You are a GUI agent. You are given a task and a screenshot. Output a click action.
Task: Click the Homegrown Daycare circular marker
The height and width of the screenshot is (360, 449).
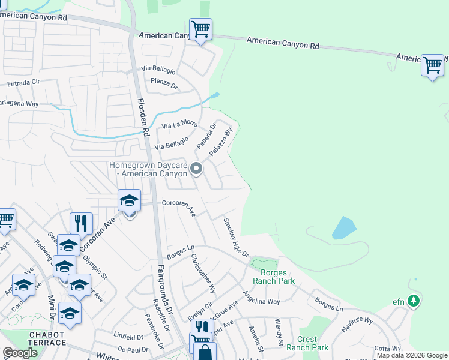[x=196, y=170]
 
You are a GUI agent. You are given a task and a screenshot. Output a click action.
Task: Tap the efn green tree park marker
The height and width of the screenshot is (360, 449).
[x=414, y=301]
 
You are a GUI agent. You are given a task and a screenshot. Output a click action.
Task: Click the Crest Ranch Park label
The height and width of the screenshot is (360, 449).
[x=307, y=343]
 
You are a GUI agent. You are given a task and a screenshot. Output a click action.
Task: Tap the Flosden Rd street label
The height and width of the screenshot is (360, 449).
[x=142, y=118]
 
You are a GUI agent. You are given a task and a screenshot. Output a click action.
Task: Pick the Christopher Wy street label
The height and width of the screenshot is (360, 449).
[x=203, y=274]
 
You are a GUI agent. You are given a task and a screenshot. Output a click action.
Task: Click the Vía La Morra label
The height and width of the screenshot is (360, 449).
[x=179, y=125]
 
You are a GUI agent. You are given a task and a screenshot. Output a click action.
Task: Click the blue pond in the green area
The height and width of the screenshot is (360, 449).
[x=343, y=228]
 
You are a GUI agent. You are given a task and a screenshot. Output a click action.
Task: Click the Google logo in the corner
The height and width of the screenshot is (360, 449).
[x=20, y=353]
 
